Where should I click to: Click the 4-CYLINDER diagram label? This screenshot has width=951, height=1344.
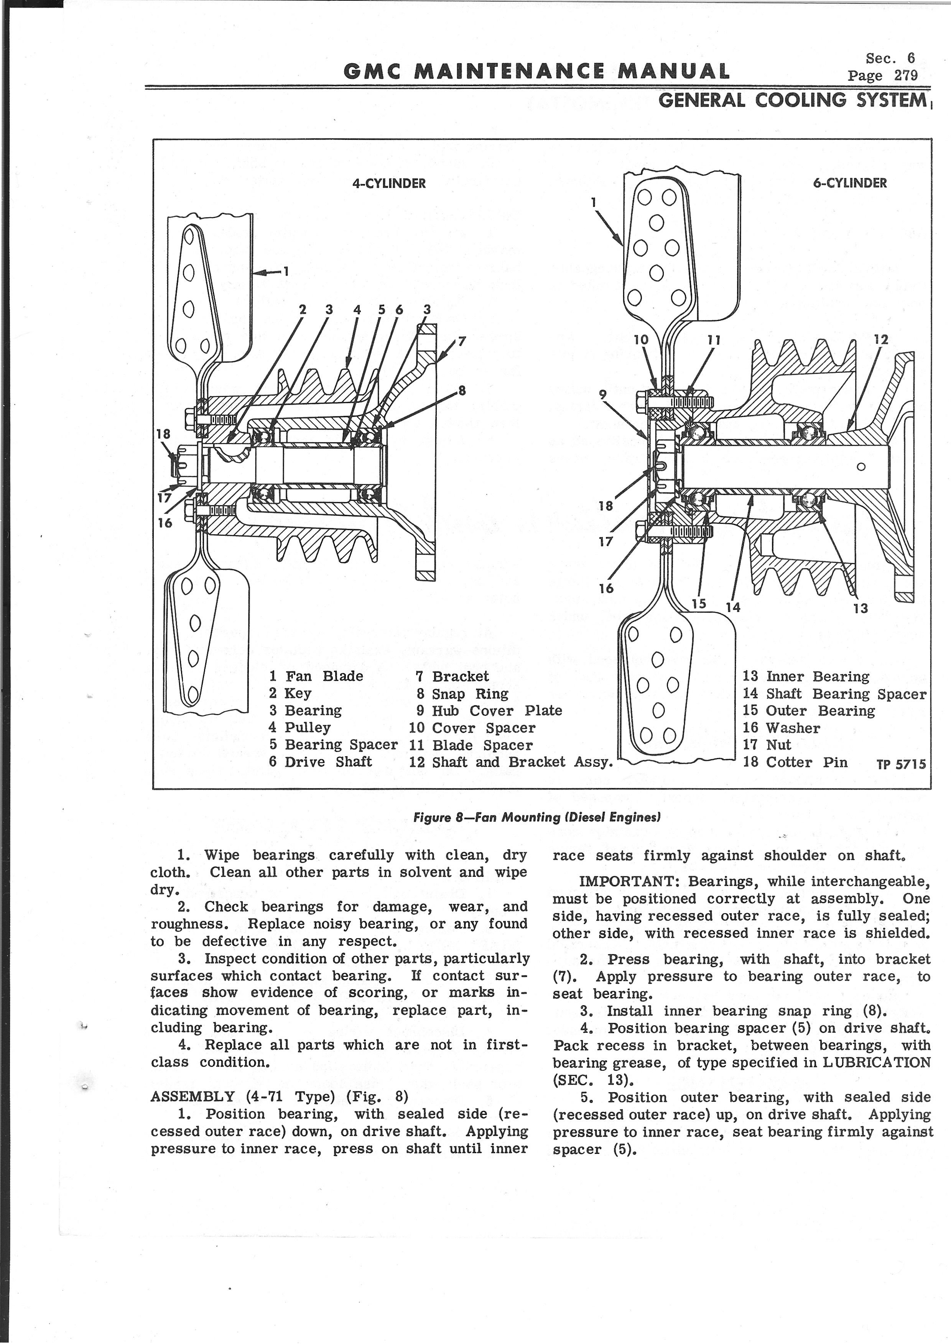pos(389,183)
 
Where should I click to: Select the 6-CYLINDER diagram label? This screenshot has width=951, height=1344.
pos(849,183)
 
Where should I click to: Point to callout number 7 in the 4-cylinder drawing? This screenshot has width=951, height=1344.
pos(462,341)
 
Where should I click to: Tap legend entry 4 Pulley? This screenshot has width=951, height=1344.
pos(300,728)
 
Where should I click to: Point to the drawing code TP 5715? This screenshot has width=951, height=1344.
pos(901,765)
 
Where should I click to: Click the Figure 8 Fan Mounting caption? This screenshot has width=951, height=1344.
pos(537,817)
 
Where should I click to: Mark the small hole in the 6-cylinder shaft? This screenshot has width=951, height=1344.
pos(861,466)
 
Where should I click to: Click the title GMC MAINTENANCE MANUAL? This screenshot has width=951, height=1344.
pos(536,71)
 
